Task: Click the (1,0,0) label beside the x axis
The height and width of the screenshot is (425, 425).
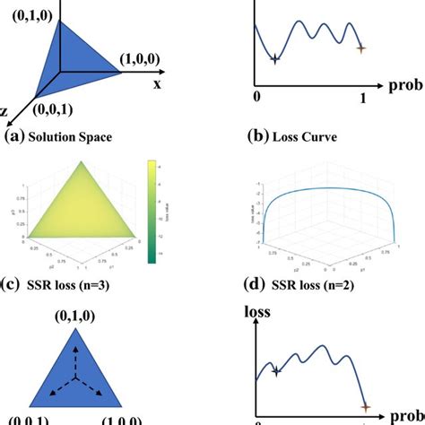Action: point(143,60)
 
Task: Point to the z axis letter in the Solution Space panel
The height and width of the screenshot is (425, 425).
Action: point(4,111)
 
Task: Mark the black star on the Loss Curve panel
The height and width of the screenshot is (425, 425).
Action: point(274,59)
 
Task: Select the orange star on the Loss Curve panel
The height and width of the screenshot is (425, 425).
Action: point(361,48)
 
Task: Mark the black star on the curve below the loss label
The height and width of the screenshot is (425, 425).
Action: point(276,370)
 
